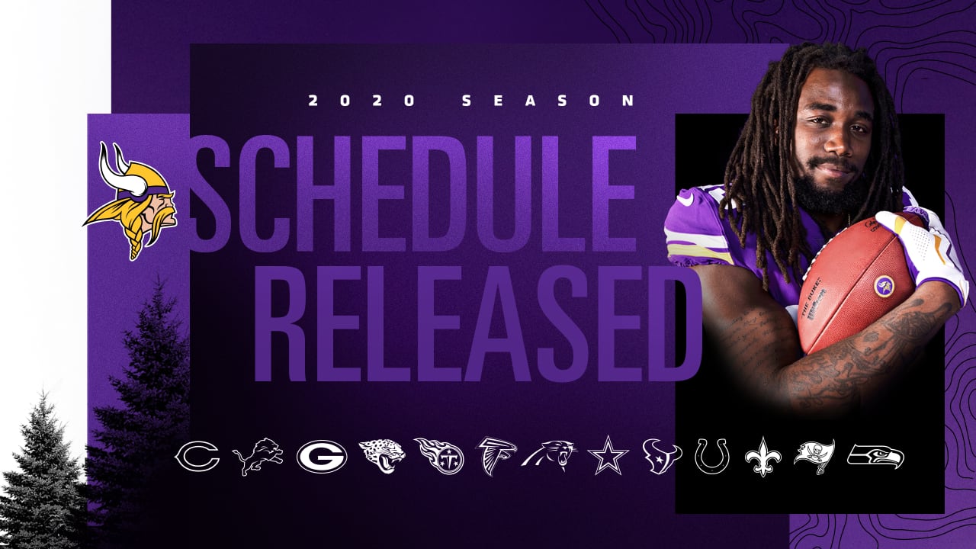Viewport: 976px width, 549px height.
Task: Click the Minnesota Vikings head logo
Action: click(x=130, y=201)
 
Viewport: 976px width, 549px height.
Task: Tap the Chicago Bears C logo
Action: click(x=197, y=456)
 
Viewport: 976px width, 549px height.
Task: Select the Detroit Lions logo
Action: click(x=258, y=457)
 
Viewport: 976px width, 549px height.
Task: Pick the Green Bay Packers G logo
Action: click(x=322, y=457)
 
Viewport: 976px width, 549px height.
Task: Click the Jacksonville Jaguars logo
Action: click(x=382, y=456)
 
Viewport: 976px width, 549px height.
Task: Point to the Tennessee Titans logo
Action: click(x=440, y=456)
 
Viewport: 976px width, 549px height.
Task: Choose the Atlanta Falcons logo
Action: click(x=496, y=456)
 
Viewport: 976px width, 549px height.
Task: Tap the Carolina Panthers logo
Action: click(x=550, y=456)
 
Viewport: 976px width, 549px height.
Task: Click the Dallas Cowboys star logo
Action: click(x=608, y=456)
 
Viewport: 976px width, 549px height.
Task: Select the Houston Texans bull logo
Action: click(x=662, y=456)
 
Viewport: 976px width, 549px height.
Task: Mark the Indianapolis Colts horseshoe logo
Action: click(x=712, y=456)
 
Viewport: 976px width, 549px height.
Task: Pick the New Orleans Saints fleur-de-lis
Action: click(x=763, y=457)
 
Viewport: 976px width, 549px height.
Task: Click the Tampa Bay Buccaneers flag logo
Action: click(x=814, y=457)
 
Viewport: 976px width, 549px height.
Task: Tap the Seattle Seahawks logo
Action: click(x=875, y=457)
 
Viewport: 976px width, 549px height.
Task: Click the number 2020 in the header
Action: click(x=361, y=101)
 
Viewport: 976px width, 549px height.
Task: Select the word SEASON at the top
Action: click(x=548, y=101)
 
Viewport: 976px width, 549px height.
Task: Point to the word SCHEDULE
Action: click(x=413, y=194)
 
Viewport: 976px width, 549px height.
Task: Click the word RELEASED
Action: click(x=477, y=323)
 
